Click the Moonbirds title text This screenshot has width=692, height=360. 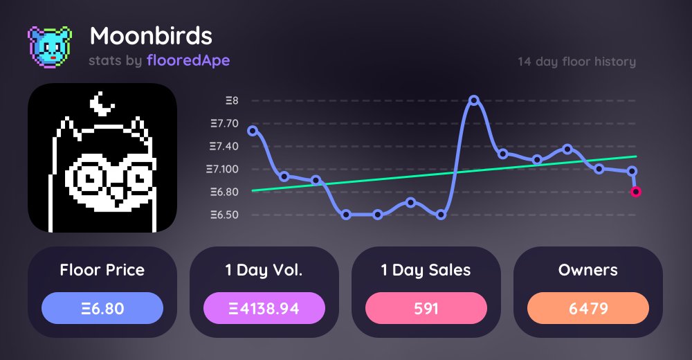[151, 35]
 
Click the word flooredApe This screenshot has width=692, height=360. [188, 61]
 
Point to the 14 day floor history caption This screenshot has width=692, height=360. [576, 62]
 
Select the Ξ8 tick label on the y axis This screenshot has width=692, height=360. [232, 101]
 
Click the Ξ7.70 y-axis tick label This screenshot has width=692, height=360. [224, 124]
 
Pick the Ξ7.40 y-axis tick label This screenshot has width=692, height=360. [224, 147]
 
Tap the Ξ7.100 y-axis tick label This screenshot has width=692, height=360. [222, 170]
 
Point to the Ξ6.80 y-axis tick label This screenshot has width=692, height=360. [224, 192]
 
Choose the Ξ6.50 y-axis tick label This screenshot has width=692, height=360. [224, 215]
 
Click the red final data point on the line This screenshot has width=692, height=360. [636, 192]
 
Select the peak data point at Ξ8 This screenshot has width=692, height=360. [474, 100]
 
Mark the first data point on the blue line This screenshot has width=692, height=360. [252, 130]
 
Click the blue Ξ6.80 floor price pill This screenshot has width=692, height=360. [102, 309]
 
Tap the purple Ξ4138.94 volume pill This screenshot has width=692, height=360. [264, 309]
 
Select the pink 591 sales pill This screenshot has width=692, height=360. [426, 309]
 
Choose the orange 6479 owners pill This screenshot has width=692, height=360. [588, 309]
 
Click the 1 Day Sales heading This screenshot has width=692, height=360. [426, 271]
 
